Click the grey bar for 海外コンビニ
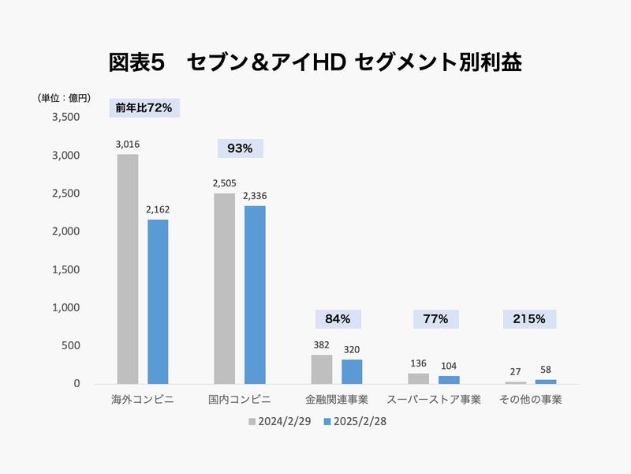pos(128,269)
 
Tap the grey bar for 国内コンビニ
pos(224,288)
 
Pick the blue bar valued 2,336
pos(255,295)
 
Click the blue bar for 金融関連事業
pos(352,371)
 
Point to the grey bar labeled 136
pos(418,378)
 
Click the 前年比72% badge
pos(144,108)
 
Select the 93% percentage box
pos(240,149)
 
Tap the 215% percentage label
pos(530,319)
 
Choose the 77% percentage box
pos(435,319)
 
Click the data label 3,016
pos(128,145)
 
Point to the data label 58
pos(546,370)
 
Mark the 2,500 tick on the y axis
pos(66,194)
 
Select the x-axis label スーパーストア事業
pos(434,400)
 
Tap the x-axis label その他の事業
pos(531,400)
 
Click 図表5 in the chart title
pos(136,62)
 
